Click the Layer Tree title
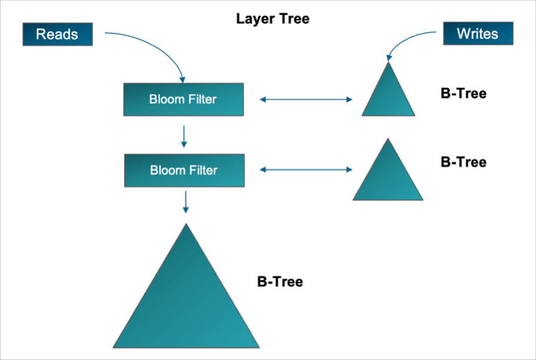point(273,19)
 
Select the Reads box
point(58,34)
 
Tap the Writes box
point(478,33)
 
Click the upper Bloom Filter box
point(183,99)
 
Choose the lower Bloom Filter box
point(184,170)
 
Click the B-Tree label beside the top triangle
point(463,94)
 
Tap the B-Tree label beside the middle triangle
point(463,162)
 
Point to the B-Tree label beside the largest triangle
point(280,282)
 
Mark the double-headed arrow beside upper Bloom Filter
point(306,100)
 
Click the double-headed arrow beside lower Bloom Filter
point(306,170)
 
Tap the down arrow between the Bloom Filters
point(184,136)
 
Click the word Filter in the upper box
point(201,99)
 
